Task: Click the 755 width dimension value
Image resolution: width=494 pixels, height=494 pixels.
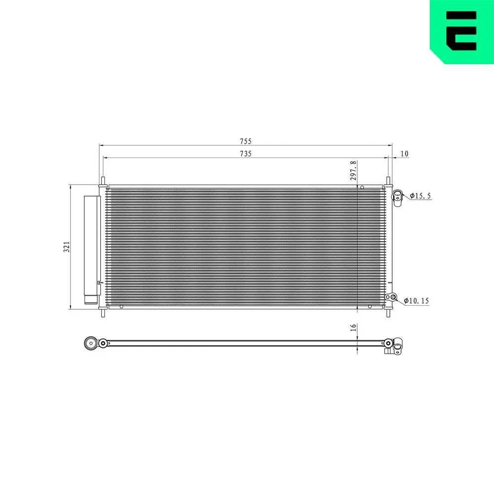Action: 246,141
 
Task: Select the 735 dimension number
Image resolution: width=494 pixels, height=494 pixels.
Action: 246,154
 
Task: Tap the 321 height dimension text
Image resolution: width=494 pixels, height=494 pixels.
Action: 67,247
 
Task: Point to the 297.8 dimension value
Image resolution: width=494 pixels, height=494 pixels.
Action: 353,170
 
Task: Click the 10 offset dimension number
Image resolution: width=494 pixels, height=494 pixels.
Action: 404,154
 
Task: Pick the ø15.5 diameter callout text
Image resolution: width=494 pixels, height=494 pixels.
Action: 420,196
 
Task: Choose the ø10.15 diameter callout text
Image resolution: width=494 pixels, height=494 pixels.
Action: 416,301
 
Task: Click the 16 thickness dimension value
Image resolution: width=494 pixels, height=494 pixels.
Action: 353,328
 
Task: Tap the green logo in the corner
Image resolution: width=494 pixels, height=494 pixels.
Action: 462,32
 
